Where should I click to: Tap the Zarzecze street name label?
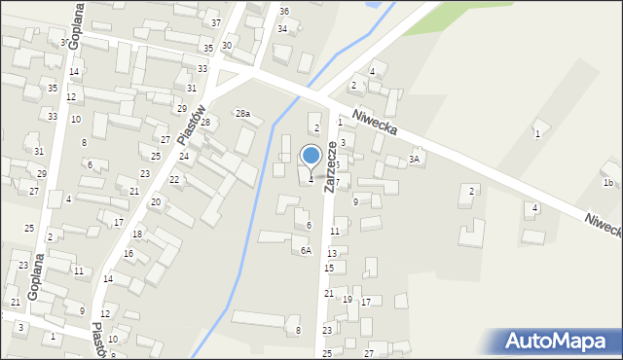332,165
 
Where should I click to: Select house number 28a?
242,114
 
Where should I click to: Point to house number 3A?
415,159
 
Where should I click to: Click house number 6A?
305,251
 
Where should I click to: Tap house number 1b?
607,183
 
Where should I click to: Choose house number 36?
284,11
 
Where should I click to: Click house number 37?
216,22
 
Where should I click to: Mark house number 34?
282,29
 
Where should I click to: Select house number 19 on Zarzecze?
348,300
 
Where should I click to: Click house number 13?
332,253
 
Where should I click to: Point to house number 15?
329,268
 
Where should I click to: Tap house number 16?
128,254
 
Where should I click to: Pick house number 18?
137,234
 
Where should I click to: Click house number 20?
155,201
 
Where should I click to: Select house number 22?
174,180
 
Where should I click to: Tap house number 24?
183,157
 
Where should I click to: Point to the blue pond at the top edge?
370,4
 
